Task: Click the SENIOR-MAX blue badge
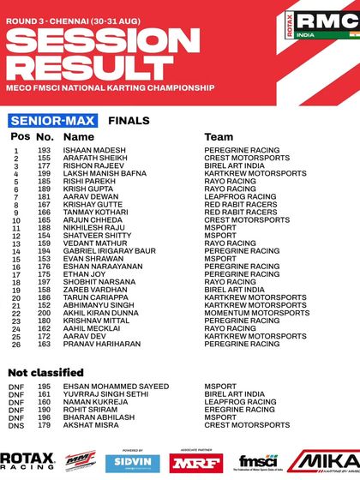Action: (x=53, y=121)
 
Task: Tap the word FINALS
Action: (x=129, y=121)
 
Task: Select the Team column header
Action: (x=219, y=136)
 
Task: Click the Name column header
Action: (x=79, y=136)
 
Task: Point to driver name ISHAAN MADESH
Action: (x=94, y=150)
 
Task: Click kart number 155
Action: (x=45, y=158)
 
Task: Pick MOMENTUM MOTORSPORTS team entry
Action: (x=257, y=313)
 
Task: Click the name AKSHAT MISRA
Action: (x=92, y=424)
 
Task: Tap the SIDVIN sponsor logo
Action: (x=132, y=463)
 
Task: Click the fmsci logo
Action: (x=258, y=461)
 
